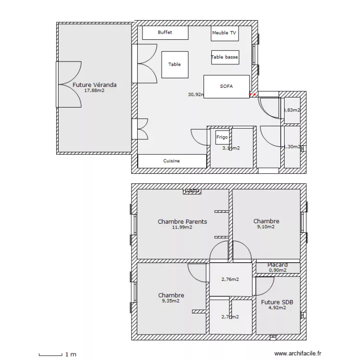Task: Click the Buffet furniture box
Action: (x=165, y=33)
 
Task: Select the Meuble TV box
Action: (x=224, y=33)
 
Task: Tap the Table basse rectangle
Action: (x=225, y=57)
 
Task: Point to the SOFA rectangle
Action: (x=227, y=86)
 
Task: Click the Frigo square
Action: (x=222, y=137)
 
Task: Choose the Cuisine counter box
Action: (x=171, y=161)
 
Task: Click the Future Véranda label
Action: (x=95, y=85)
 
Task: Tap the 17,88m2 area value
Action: (x=94, y=90)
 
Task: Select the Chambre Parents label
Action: (x=182, y=222)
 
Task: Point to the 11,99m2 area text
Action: (x=182, y=228)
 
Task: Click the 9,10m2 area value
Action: (x=266, y=227)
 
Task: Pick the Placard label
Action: (x=277, y=265)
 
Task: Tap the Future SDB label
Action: (x=277, y=302)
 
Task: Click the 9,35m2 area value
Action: (x=171, y=301)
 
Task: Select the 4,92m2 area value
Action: (x=277, y=308)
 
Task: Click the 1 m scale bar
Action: (x=50, y=355)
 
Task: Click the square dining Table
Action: (x=175, y=64)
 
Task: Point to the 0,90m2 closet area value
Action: (x=277, y=270)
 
